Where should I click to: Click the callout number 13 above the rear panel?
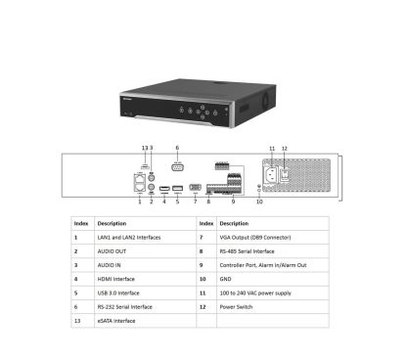tap(145, 148)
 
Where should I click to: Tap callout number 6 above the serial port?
tap(177, 148)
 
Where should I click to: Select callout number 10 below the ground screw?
tap(259, 202)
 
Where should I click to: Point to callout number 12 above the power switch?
tap(285, 149)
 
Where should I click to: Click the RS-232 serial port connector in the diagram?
tap(177, 167)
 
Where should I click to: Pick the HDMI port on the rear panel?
tap(164, 189)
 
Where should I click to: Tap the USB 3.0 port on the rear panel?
tap(177, 188)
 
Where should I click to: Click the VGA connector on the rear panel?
tap(195, 188)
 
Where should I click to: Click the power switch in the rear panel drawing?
tap(285, 174)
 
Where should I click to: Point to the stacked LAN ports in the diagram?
tap(140, 183)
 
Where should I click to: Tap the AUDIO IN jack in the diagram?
tap(151, 178)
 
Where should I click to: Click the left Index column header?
tap(82, 223)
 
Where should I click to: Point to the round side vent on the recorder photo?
tap(265, 99)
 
